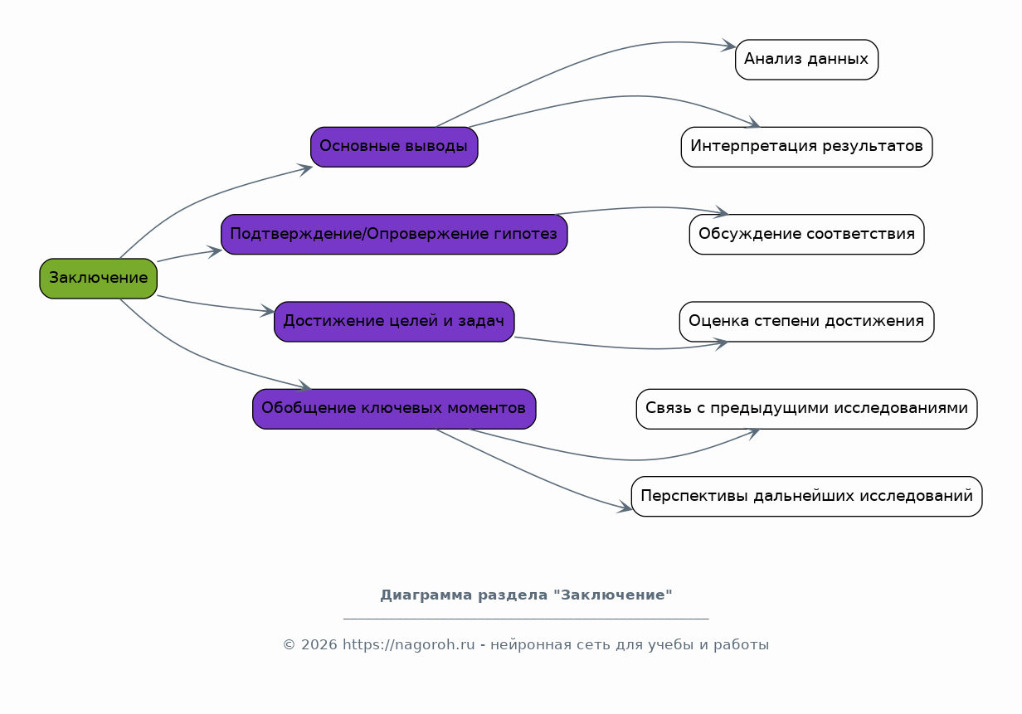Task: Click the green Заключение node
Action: click(x=98, y=279)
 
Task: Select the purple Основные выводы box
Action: click(x=394, y=147)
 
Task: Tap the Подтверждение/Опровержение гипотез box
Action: click(x=394, y=235)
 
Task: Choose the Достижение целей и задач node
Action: click(x=394, y=322)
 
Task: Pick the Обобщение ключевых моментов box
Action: click(x=394, y=409)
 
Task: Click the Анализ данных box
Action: click(x=806, y=60)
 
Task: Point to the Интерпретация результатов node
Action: click(x=806, y=147)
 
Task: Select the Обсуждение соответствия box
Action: click(x=806, y=235)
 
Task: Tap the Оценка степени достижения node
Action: click(x=806, y=322)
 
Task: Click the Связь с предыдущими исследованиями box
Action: click(x=806, y=409)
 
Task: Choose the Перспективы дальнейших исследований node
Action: click(x=806, y=497)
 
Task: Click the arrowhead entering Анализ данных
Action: click(x=729, y=46)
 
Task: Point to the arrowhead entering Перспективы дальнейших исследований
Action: click(x=625, y=507)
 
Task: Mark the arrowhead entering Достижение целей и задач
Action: click(x=268, y=311)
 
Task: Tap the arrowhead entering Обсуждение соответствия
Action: click(x=722, y=211)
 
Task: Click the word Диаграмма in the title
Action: click(x=420, y=595)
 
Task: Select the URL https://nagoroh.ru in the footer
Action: click(x=409, y=644)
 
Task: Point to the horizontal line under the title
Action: click(x=526, y=619)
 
